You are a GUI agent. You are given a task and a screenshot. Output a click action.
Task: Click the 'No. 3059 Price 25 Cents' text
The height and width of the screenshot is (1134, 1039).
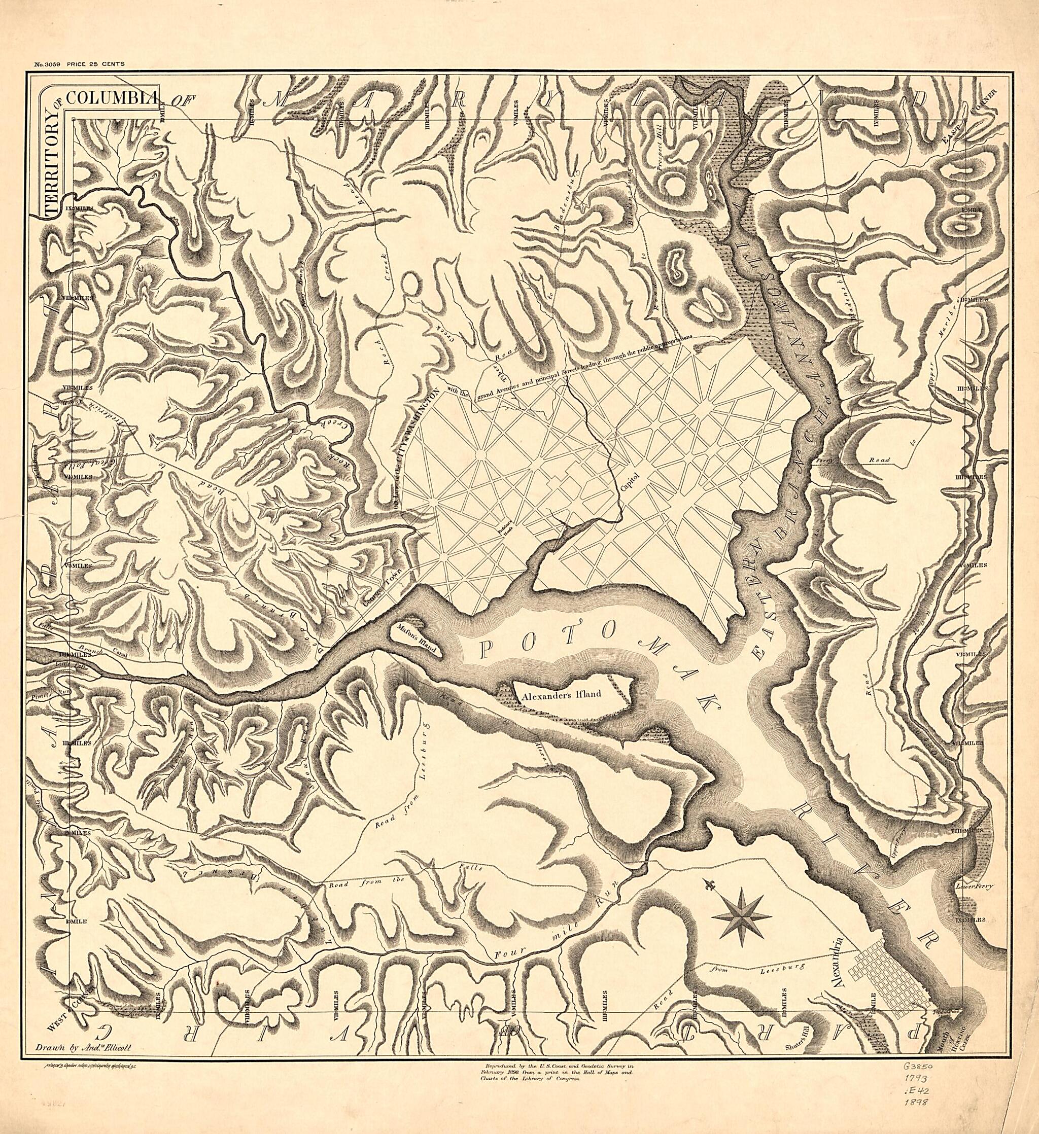[79, 64]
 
